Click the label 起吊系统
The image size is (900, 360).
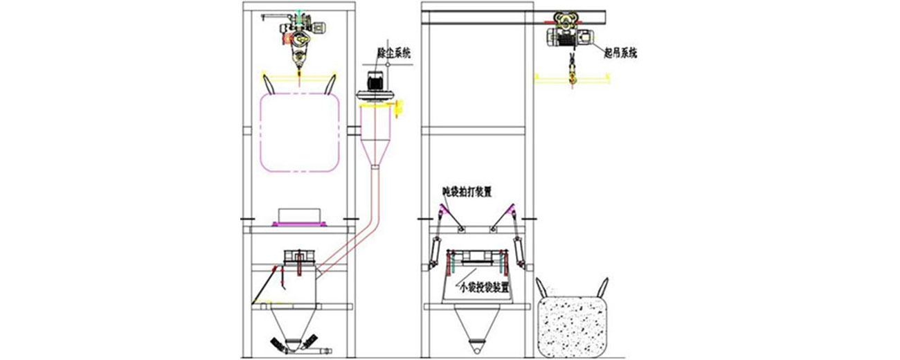[x=620, y=52]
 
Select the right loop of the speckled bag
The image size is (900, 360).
[x=604, y=287]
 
